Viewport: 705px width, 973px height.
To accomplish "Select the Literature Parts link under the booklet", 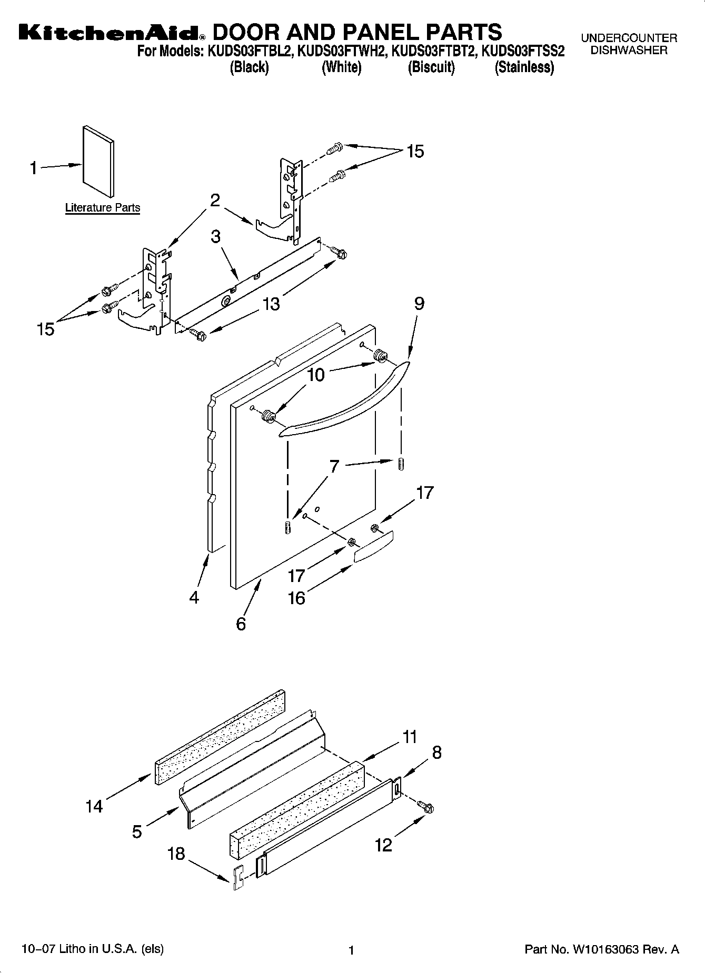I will pos(103,208).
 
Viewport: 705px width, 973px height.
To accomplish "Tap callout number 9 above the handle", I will pos(419,304).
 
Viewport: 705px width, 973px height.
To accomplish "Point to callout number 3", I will pos(215,237).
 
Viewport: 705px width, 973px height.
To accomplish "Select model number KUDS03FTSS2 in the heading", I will pos(523,52).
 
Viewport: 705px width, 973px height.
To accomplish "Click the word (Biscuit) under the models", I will pos(431,67).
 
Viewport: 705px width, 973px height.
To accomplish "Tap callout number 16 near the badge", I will pos(296,598).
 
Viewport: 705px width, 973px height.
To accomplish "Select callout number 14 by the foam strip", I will pos(94,806).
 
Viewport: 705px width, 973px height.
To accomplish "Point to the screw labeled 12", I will pos(425,806).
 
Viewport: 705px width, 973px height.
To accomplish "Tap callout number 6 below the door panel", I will pos(241,624).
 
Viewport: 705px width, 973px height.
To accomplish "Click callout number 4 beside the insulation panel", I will pos(194,597).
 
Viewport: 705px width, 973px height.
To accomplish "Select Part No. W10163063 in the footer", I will pos(602,949).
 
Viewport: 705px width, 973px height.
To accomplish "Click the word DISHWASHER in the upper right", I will pos(629,51).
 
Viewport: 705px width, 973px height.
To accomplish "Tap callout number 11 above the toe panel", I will pos(410,737).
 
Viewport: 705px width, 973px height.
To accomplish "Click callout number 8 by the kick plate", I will pos(436,753).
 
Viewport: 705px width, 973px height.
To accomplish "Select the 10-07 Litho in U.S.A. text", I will pos(93,949).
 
